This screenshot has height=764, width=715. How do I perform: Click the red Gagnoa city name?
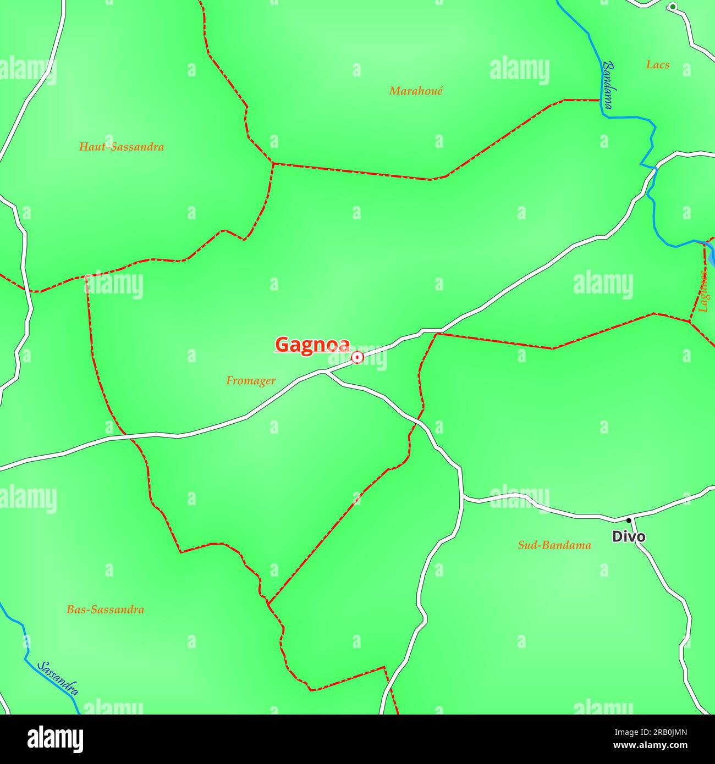pos(312,345)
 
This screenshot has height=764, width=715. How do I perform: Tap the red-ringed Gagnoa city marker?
pos(358,358)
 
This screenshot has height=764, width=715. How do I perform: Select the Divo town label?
pos(629,536)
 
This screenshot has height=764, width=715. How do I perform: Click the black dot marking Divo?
pos(629,520)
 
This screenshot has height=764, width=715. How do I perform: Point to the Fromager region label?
pos(251,380)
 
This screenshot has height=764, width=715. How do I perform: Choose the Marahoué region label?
pos(416,91)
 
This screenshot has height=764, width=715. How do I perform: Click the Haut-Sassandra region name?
pos(122,147)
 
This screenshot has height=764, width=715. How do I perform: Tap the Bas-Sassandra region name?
pos(105,609)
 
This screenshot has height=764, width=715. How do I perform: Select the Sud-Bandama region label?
pos(554,545)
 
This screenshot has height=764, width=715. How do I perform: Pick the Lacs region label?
pos(658,65)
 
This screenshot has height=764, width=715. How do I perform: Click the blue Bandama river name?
pos(607,85)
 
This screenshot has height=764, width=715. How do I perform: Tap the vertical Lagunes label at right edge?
pos(703,291)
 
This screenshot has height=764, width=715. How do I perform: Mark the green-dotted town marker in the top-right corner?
pos(673,7)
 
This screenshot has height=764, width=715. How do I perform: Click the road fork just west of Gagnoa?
pos(326,372)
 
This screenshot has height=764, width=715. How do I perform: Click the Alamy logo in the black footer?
pos(56,739)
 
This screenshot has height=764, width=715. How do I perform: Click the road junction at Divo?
pos(631,519)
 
